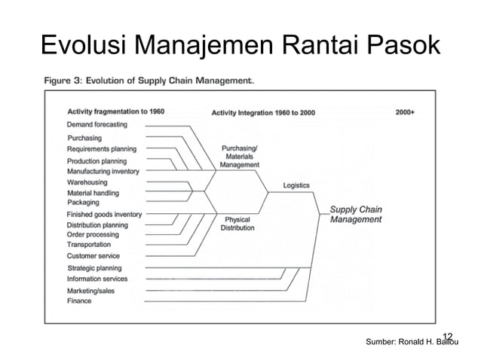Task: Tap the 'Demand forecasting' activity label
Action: coord(97,124)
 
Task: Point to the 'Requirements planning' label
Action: coord(102,149)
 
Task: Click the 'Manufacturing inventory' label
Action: coord(103,171)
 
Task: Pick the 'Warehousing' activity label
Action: coord(87,182)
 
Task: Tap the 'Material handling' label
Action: coord(93,193)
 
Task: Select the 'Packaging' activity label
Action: coord(83,203)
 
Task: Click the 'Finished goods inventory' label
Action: coord(104,215)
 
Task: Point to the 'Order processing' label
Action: coord(93,234)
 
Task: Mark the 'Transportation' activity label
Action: coord(89,245)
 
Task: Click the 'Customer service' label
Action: coord(93,256)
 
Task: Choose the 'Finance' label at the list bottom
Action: coord(79,301)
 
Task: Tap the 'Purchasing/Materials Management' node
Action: coord(240,156)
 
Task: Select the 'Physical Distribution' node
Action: coord(237,223)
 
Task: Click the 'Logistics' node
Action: coord(296,185)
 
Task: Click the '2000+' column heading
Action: coord(405,112)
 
